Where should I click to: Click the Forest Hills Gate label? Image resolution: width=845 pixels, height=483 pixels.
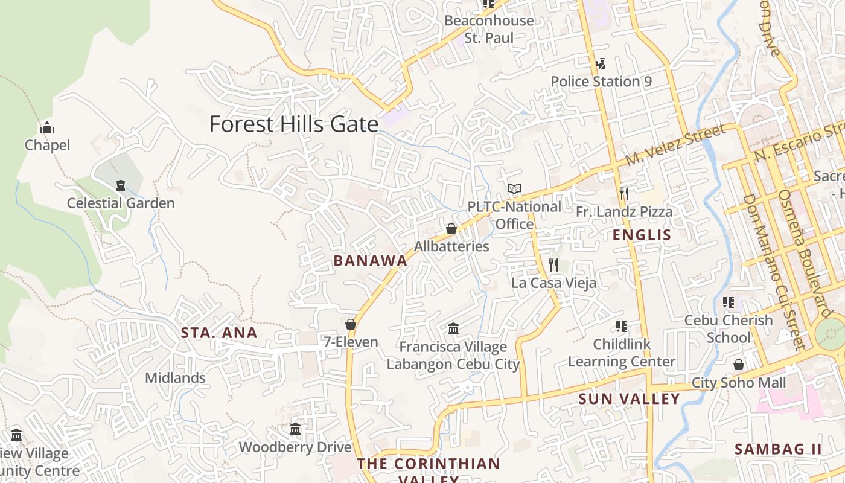[x=293, y=124]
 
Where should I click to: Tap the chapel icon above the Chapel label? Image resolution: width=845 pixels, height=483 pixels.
[x=47, y=127]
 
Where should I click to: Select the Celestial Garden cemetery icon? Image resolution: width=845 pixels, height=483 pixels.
[x=121, y=185]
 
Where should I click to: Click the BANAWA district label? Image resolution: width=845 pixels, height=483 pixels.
[x=371, y=261]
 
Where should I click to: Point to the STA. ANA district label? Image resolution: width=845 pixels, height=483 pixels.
[x=220, y=333]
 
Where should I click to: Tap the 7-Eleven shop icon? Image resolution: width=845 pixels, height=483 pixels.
[x=351, y=324]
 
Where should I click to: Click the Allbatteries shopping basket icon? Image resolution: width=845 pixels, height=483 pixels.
[x=451, y=229]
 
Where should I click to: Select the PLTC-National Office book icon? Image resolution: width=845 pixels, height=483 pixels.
[x=514, y=189]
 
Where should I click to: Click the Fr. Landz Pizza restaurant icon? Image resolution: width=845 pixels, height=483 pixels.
[x=624, y=193]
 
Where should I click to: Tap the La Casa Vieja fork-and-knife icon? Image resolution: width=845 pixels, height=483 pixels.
[x=553, y=264]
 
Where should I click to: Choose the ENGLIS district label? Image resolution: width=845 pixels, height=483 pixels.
[x=642, y=235]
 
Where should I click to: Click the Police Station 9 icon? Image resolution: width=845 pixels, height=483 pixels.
[x=601, y=63]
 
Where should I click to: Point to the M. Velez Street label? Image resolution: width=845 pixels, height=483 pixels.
[x=675, y=146]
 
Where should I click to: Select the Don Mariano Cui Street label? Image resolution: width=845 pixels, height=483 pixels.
[x=774, y=272]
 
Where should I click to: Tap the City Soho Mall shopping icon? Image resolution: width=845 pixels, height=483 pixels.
[x=738, y=365]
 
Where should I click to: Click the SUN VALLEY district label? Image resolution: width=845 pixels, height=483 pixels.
[x=629, y=399]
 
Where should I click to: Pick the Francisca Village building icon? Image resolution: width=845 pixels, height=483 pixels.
[x=453, y=329]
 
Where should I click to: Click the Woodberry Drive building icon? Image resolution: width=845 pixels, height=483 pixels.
[x=295, y=429]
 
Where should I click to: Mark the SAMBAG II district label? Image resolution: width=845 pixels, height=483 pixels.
[x=778, y=449]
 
